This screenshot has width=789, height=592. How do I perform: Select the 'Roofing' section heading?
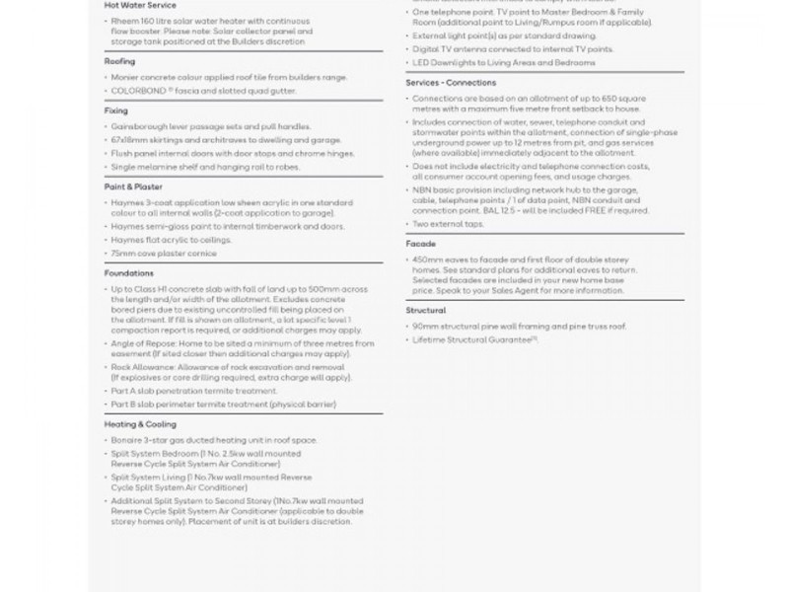pyautogui.click(x=119, y=61)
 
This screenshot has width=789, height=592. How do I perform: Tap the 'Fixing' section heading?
pyautogui.click(x=115, y=111)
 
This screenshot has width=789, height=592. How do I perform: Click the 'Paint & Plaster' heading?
pyautogui.click(x=133, y=186)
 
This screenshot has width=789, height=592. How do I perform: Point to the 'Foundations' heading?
pyautogui.click(x=128, y=273)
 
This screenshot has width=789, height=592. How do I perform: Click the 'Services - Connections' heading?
pyautogui.click(x=450, y=83)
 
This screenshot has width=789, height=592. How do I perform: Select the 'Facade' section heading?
pyautogui.click(x=420, y=244)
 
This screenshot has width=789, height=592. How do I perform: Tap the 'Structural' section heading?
pyautogui.click(x=425, y=311)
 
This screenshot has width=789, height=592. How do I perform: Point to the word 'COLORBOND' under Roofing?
pyautogui.click(x=136, y=91)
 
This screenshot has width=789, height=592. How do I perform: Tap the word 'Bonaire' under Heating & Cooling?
pyautogui.click(x=125, y=439)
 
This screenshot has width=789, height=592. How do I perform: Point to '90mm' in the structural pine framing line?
pyautogui.click(x=424, y=326)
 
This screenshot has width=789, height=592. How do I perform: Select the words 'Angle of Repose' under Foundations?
pyautogui.click(x=137, y=343)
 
